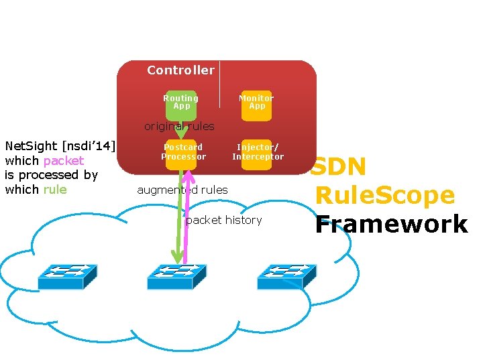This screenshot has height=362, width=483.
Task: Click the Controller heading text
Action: (180, 70)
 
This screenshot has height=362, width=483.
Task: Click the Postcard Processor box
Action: (182, 153)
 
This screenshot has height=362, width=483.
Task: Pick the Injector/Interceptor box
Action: (258, 153)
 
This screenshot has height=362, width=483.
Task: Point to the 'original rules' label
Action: (179, 126)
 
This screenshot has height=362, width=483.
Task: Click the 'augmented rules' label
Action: (182, 190)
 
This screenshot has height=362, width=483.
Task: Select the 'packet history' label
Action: (224, 220)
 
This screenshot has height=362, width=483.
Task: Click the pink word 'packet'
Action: (64, 161)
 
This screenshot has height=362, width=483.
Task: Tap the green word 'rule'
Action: (55, 189)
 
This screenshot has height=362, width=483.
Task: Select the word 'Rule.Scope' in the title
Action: (385, 196)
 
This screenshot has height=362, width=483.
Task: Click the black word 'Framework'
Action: (392, 225)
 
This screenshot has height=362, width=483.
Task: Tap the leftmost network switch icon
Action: (67, 276)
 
